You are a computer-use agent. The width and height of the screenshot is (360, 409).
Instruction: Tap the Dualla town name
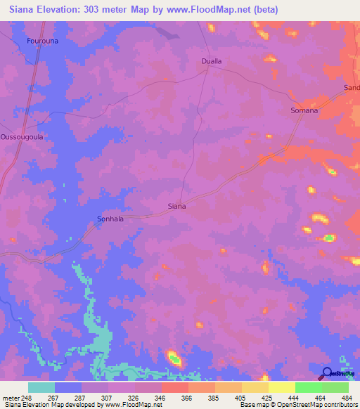[x=212, y=61]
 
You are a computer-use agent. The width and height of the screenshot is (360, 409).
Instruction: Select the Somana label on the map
[x=304, y=110]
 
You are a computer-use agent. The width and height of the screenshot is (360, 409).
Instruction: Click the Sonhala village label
[x=110, y=219]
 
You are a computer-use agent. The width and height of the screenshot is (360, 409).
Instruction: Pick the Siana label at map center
[x=176, y=207]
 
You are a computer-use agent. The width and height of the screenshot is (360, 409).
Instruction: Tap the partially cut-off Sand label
[x=351, y=87]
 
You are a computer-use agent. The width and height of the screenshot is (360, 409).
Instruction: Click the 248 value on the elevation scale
[x=27, y=397]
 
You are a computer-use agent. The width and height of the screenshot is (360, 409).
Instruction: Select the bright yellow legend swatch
[x=281, y=387]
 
